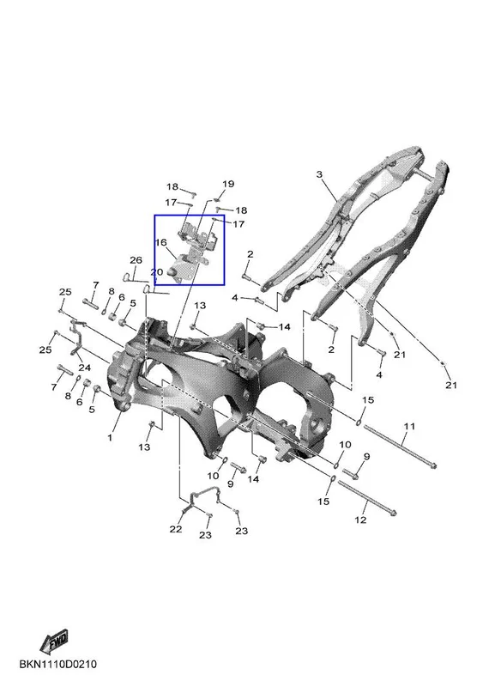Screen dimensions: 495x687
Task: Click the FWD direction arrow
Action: point(53,641)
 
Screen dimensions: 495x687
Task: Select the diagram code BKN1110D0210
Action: point(57,664)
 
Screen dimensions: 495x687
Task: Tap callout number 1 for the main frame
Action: point(110,437)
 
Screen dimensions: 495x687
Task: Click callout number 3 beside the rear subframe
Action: point(319,174)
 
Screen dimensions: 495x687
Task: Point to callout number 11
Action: point(409,426)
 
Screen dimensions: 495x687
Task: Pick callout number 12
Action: point(360,520)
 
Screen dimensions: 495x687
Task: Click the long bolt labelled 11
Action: point(400,447)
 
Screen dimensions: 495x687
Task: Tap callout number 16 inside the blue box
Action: point(161,242)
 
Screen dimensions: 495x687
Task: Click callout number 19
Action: point(228,184)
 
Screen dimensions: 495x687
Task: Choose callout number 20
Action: point(157,272)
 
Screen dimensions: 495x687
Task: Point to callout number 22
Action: point(176,529)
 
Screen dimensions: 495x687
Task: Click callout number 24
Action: point(84,367)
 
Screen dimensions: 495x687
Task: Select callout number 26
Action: point(136,260)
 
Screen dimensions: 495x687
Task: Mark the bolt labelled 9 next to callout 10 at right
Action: point(351,473)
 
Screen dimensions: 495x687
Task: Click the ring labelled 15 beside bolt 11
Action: point(359,422)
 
